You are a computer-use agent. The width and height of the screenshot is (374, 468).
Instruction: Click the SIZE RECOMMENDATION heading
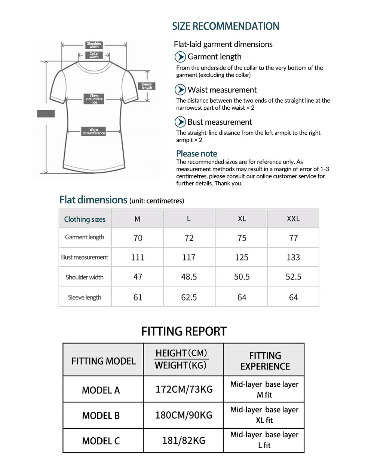tap(226, 26)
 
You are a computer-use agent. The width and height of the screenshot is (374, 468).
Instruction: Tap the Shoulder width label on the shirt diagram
tap(94, 45)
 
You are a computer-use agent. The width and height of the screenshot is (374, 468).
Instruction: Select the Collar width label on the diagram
tap(94, 55)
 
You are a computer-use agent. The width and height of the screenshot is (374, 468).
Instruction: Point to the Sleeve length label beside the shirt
tap(147, 86)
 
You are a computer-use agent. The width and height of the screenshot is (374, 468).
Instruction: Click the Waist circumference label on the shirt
tap(94, 131)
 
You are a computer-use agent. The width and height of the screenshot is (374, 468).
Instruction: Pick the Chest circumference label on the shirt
tap(94, 99)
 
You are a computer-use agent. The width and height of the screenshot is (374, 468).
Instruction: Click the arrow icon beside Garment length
tap(180, 57)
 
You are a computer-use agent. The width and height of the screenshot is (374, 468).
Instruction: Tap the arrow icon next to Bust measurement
tap(180, 122)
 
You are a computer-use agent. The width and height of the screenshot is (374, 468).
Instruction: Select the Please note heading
tap(197, 154)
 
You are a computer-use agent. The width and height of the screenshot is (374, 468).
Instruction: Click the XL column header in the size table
tap(242, 219)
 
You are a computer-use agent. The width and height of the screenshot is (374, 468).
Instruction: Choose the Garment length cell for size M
tap(138, 238)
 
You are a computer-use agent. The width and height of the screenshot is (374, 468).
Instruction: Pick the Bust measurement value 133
tap(293, 258)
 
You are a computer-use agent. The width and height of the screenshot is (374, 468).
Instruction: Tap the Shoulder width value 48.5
tap(189, 277)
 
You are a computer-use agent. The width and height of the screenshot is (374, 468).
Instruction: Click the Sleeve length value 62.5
tap(189, 298)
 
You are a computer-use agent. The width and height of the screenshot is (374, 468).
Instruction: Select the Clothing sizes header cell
tap(85, 219)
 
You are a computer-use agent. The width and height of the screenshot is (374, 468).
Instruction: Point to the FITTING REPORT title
tap(184, 331)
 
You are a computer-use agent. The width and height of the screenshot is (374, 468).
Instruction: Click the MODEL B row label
tap(101, 416)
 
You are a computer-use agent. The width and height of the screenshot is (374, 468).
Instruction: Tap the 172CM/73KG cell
tap(184, 389)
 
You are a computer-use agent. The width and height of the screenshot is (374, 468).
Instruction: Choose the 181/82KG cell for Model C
tap(184, 441)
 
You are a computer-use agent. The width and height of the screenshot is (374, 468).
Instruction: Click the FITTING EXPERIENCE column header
tap(265, 361)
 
